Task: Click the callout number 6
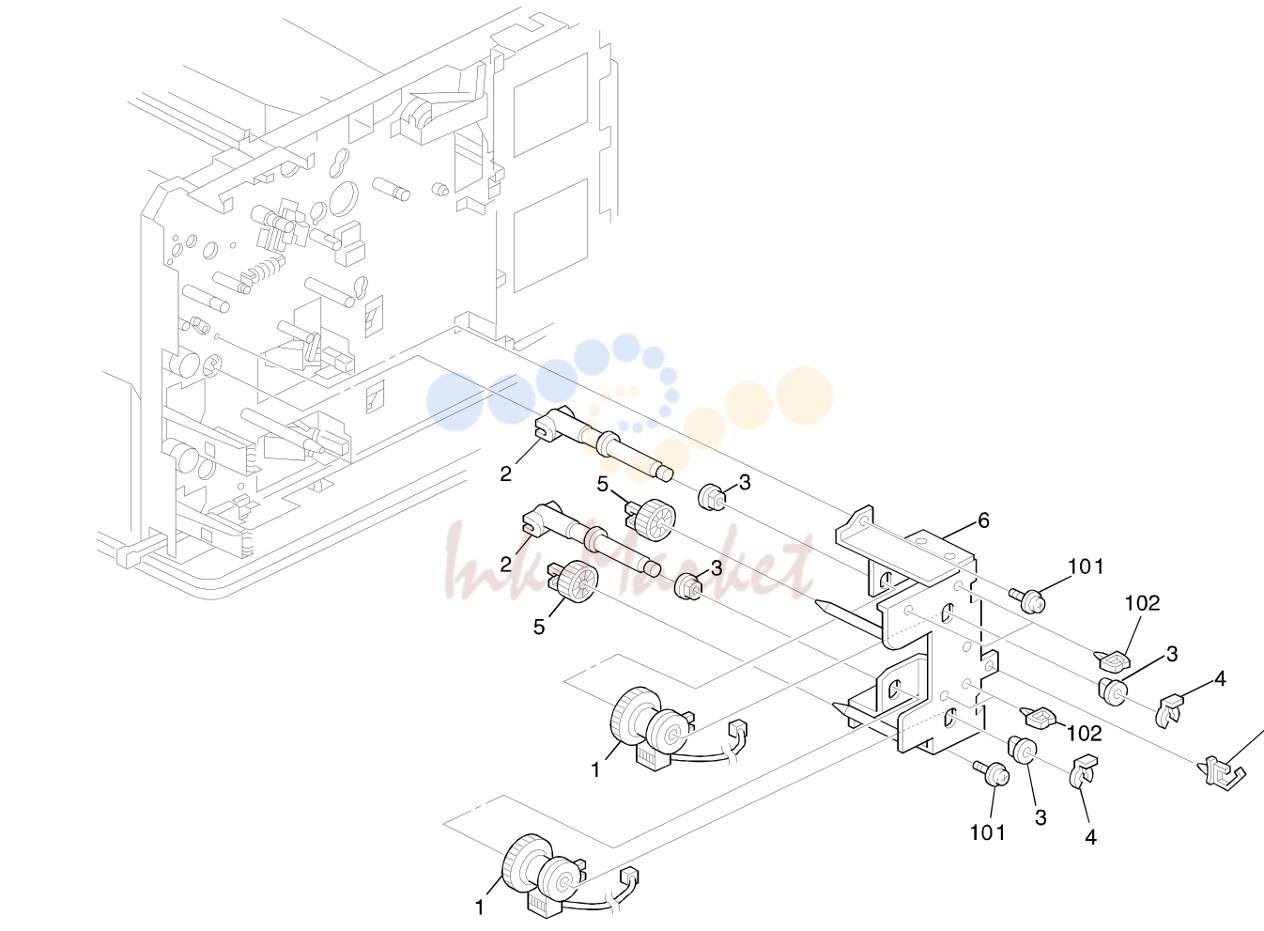click(983, 520)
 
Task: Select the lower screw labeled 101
click(992, 773)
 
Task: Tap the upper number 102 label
click(1143, 603)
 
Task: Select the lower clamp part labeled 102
click(1039, 718)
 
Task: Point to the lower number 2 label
click(505, 564)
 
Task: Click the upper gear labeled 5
click(650, 517)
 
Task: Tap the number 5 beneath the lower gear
click(539, 627)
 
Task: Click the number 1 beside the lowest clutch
click(480, 908)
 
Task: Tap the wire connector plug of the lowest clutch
click(629, 878)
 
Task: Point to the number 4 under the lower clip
click(1091, 837)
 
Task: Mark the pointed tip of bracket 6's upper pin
click(816, 602)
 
